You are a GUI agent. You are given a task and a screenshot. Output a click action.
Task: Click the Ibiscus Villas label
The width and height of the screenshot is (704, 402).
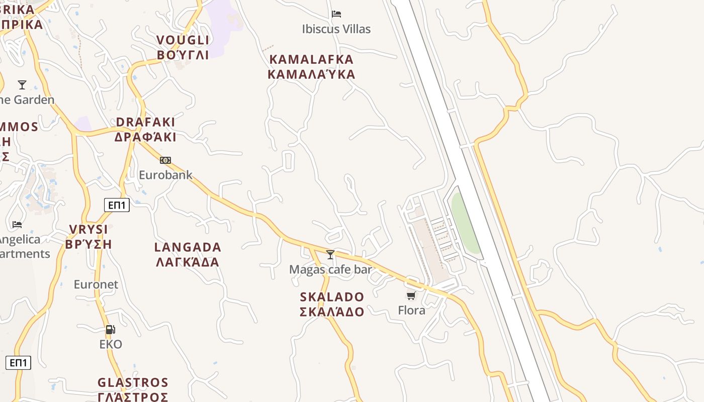click(x=336, y=29)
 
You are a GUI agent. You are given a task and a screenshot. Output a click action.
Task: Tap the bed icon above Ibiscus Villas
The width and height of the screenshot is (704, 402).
click(x=336, y=14)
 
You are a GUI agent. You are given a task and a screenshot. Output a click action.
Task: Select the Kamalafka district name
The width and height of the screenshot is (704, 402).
click(x=311, y=67)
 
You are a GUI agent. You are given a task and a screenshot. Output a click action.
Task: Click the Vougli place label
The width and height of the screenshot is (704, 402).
click(x=183, y=48)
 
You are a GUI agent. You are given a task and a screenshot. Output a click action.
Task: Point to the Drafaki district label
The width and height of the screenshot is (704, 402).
click(x=145, y=130)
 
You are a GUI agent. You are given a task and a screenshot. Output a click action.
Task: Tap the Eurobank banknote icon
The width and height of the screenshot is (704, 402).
click(x=165, y=160)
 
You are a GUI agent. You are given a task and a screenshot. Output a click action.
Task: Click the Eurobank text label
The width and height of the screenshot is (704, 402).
click(x=165, y=175)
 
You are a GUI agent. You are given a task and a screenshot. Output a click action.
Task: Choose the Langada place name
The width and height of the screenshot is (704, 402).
click(x=188, y=254)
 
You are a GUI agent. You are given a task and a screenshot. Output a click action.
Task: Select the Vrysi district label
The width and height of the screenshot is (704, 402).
click(x=89, y=237)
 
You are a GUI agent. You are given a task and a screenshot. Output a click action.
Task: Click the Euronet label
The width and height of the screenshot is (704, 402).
click(x=96, y=284)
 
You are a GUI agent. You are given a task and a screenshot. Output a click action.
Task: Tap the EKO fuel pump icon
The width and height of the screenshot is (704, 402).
click(x=110, y=330)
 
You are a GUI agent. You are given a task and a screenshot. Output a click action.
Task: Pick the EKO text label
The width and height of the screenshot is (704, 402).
click(x=111, y=344)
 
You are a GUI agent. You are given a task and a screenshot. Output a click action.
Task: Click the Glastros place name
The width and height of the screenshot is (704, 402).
click(x=133, y=390)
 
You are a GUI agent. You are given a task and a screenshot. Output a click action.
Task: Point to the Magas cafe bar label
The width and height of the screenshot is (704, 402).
click(x=330, y=269)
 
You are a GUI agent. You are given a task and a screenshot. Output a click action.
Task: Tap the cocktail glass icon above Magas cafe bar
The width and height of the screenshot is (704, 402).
click(x=330, y=255)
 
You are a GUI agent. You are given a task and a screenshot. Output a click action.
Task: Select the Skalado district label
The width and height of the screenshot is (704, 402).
click(x=332, y=304)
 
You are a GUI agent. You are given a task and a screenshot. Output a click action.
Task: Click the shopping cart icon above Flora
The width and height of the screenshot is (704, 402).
click(x=411, y=295)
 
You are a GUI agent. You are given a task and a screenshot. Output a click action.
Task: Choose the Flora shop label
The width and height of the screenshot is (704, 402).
click(x=411, y=311)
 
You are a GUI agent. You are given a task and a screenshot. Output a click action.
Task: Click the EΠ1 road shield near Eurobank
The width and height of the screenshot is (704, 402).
click(x=117, y=205)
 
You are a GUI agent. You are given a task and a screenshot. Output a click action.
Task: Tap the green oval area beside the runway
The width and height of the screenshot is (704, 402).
click(x=465, y=221)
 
